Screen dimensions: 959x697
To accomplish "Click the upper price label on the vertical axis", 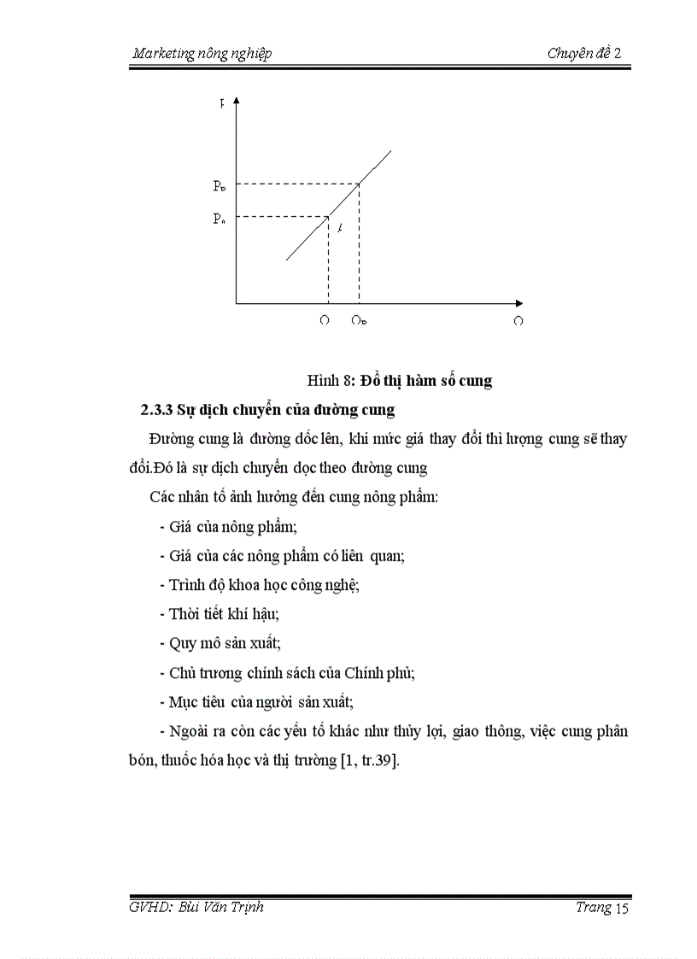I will point(220,185).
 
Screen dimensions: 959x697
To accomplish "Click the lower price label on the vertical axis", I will point(220,219).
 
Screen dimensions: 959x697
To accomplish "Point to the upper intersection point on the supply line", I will point(359,184).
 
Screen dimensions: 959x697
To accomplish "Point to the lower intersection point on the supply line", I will point(329,216).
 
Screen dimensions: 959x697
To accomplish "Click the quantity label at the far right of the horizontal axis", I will point(518,321).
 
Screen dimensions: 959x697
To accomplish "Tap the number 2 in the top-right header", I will point(618,54).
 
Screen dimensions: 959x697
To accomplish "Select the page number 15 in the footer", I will point(621,909).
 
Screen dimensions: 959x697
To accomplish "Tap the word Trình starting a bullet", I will point(187,585).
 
